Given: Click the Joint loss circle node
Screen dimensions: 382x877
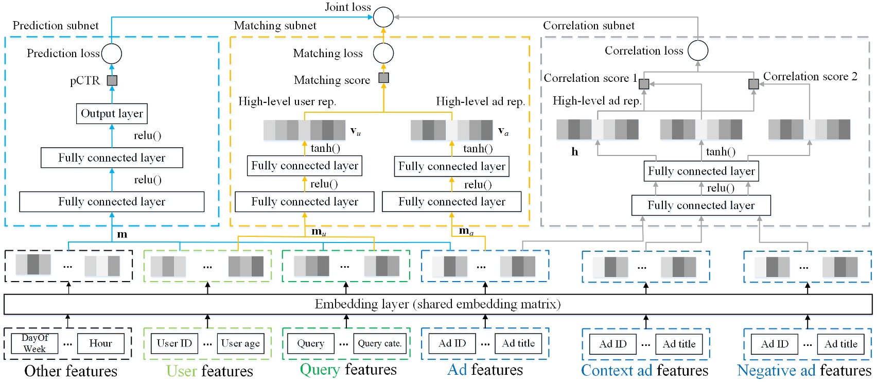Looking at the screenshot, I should [383, 17].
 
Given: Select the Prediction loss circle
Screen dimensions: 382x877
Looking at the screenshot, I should [112, 54].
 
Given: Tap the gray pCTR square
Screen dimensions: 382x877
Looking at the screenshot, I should [112, 80].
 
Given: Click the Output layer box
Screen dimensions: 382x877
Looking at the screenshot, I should [112, 114].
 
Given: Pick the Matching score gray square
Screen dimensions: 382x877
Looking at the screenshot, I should [383, 78].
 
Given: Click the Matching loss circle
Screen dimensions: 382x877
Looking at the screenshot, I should [383, 53].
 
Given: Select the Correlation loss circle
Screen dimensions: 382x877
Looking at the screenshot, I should [698, 50].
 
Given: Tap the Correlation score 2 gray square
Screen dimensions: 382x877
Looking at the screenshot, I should [753, 83].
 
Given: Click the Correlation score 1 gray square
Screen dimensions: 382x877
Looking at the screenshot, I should [644, 84].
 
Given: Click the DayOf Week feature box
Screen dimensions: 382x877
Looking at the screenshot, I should [34, 343].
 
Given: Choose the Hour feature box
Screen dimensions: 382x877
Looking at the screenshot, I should [100, 343].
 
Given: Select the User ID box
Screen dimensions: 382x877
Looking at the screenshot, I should [174, 343].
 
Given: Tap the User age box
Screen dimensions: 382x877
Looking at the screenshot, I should [240, 343].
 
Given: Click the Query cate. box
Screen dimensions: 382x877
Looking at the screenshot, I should [379, 343].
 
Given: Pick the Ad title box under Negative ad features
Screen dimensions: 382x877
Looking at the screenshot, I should [840, 344].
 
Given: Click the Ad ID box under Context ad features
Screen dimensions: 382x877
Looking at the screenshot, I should [612, 344].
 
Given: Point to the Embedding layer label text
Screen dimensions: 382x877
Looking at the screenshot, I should [437, 304].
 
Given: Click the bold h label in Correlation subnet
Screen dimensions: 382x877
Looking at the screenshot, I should [574, 152].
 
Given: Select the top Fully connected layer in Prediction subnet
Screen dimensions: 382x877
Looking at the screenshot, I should [112, 158].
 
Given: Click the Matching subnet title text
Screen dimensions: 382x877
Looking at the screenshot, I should [275, 26].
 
